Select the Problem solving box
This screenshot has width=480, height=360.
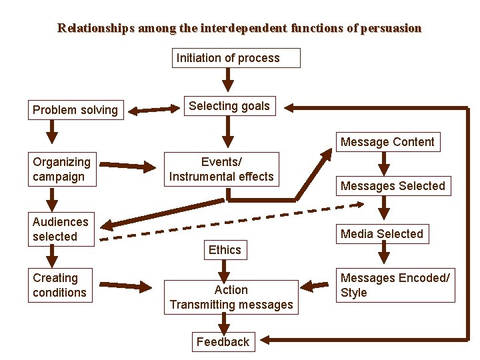tap(75, 109)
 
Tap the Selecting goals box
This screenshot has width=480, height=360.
tap(229, 106)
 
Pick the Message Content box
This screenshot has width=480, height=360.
tap(387, 142)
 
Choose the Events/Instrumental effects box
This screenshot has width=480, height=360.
tap(221, 169)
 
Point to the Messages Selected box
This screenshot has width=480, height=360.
tap(393, 186)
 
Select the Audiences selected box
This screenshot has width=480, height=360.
tap(62, 229)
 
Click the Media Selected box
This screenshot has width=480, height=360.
tap(382, 234)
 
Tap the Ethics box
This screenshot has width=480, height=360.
tap(225, 250)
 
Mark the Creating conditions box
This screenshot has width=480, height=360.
tap(62, 285)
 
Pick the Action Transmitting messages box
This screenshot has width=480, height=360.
tap(231, 297)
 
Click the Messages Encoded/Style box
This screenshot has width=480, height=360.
tap(395, 285)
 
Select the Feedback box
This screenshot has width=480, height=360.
tap(223, 342)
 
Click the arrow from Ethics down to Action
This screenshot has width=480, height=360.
tap(225, 270)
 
